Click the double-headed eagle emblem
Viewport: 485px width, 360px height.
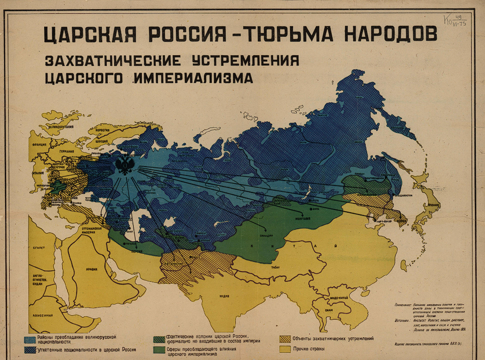(124, 164)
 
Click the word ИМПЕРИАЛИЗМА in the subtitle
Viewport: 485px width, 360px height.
(193, 77)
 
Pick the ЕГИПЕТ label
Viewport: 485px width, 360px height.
(38, 247)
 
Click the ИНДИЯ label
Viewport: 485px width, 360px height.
(224, 296)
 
